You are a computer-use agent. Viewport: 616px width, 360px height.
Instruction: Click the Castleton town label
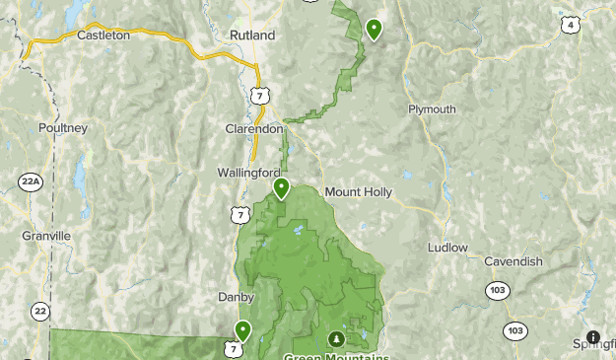(103, 35)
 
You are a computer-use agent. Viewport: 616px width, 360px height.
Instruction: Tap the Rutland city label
(252, 35)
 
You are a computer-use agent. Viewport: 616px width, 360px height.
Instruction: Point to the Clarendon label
(255, 129)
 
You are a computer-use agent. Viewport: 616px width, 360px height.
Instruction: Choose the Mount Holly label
(358, 191)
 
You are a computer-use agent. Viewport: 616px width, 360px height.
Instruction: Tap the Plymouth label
(432, 109)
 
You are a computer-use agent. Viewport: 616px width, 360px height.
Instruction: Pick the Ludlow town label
(447, 248)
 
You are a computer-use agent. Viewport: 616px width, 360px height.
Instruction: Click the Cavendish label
(513, 261)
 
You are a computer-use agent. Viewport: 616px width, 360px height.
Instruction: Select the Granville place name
(46, 237)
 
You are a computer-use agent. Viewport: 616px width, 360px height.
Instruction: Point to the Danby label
(236, 297)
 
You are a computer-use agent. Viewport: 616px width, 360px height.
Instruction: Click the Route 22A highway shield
(30, 181)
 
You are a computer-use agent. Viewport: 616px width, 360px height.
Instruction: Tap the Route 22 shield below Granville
(39, 311)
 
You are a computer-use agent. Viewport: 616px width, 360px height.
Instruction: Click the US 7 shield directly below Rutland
(258, 94)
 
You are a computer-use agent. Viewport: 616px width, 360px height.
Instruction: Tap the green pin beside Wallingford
(281, 187)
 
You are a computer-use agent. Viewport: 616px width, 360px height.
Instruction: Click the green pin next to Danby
(242, 330)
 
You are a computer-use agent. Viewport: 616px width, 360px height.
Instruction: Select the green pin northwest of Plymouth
(374, 29)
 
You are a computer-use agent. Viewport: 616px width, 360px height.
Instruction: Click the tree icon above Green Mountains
(335, 339)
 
